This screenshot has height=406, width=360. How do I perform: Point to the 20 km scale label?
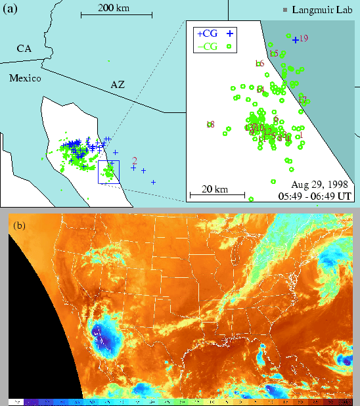pos(215,189)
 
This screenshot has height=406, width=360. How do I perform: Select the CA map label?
pos(24,49)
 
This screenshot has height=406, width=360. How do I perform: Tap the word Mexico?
pos(25,78)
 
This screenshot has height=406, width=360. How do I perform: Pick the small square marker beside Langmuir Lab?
pos(284,11)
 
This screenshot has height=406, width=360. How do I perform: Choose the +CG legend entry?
pos(208,32)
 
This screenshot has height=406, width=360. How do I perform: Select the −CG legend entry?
pos(208,46)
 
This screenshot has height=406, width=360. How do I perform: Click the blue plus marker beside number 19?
pos(295,39)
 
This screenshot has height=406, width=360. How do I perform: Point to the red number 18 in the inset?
pos(210,124)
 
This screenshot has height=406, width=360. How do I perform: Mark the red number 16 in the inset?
pos(259,63)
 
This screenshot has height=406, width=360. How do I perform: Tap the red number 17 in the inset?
pos(302,99)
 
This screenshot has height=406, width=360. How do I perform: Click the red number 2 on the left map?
pos(134,160)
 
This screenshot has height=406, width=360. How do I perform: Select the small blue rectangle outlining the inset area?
pos(108,171)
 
